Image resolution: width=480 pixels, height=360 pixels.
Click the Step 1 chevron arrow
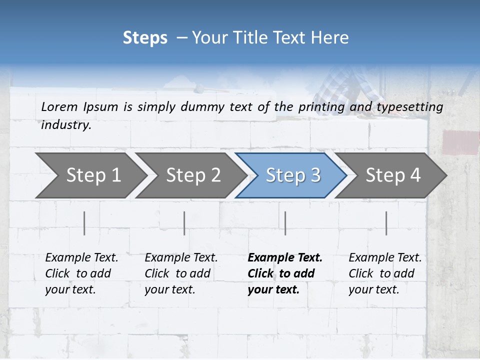click(93, 175)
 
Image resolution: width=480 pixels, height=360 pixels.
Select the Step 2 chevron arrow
click(193, 175)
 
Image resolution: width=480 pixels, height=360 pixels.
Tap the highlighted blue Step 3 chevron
click(293, 175)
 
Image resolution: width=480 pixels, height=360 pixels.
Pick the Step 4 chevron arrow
click(393, 175)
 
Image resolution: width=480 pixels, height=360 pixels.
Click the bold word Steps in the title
click(145, 38)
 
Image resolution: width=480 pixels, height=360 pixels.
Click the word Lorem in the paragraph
click(59, 106)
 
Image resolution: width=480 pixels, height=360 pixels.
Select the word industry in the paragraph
click(66, 125)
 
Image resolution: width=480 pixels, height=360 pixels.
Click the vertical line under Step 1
click(84, 223)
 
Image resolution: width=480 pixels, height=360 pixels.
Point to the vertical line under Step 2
click(184, 223)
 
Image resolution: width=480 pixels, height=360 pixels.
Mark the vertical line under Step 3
click(285, 223)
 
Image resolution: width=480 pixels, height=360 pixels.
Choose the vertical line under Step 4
click(386, 223)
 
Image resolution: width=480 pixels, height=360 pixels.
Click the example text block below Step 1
click(81, 273)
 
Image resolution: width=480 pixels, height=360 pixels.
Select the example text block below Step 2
click(181, 273)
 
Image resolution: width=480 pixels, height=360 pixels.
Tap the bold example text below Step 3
click(285, 273)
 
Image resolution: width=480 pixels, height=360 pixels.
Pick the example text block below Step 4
click(385, 273)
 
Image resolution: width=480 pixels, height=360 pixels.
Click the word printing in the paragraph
click(321, 106)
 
